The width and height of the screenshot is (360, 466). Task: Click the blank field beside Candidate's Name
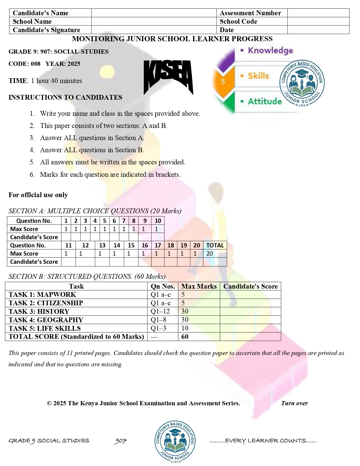(x=154, y=13)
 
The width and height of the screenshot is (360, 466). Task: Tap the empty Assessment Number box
(x=318, y=13)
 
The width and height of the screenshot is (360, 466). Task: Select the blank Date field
(x=318, y=30)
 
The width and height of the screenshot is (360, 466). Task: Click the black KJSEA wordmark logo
(x=168, y=77)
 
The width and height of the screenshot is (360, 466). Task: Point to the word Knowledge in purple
(x=270, y=51)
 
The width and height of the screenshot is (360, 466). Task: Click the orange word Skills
(x=258, y=76)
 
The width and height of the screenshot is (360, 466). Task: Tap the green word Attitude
(x=265, y=101)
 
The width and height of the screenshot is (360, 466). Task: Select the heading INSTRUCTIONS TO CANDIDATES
(x=65, y=97)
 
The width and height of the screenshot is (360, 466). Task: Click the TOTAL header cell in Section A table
(x=215, y=245)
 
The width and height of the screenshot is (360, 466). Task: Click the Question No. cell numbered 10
(x=158, y=221)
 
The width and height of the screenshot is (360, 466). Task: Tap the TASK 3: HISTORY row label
(x=39, y=312)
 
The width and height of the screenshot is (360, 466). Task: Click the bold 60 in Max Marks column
(x=185, y=337)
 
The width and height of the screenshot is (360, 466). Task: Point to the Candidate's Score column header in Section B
(x=250, y=286)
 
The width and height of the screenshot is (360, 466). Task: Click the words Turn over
(x=294, y=403)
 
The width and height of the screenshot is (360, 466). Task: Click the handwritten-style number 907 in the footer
(x=121, y=441)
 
